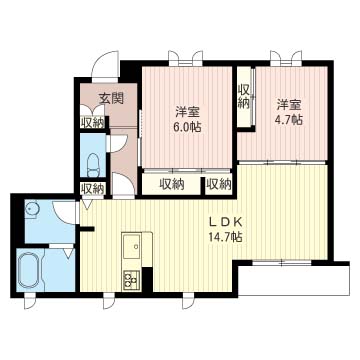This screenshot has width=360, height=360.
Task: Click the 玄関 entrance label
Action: point(111,98)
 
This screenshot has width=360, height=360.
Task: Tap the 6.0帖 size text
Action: point(187,127)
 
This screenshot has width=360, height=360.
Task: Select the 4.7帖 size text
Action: point(289,120)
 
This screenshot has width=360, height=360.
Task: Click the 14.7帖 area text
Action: point(225,237)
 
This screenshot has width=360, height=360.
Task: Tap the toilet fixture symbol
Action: point(93,164)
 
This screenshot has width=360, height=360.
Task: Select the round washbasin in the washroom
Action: point(32,210)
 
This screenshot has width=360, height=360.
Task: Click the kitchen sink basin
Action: point(132,247)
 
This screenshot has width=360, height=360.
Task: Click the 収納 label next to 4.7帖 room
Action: point(244,96)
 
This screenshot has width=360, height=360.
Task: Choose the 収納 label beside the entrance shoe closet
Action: point(92,122)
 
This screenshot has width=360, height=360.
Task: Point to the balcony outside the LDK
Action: point(294,279)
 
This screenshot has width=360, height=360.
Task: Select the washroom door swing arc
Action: point(65,212)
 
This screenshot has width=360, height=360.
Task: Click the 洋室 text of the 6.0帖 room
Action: point(187,112)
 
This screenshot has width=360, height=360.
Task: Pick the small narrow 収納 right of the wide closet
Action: point(219,184)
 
